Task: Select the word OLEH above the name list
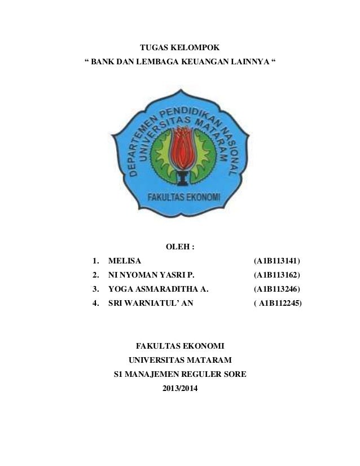point(177,247)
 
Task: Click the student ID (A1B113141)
point(277,261)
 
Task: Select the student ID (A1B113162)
point(277,275)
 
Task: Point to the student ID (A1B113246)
point(277,289)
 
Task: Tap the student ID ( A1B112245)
point(277,304)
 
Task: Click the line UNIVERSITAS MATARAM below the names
point(180,359)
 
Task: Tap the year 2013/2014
point(180,388)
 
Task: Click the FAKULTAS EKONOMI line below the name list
point(180,345)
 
